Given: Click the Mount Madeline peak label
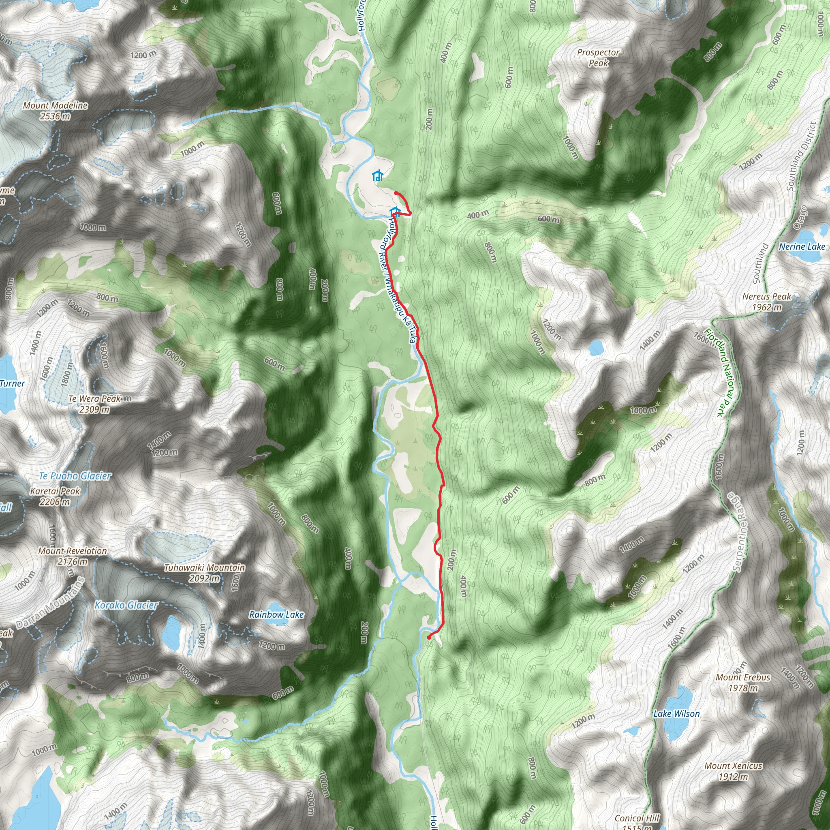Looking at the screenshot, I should tap(56, 110).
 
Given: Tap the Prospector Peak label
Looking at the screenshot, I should tap(598, 58).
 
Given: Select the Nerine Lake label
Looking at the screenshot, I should tap(802, 246).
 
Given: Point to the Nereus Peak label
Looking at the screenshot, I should tap(767, 302).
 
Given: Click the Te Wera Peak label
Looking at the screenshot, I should tap(94, 404).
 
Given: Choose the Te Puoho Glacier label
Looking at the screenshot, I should tap(75, 475).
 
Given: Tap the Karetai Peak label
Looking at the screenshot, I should tap(55, 496).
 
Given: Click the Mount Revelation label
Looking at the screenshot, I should tap(73, 556).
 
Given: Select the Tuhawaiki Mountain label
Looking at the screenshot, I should tap(205, 573).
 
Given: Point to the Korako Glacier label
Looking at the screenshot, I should tap(126, 605).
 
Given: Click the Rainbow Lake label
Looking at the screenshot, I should tap(277, 615).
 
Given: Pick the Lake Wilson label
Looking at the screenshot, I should tap(677, 714).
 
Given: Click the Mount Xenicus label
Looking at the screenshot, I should tap(733, 771).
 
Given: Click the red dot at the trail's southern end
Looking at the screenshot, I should tap(429, 637).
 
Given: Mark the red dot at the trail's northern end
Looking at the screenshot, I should tap(396, 193).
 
